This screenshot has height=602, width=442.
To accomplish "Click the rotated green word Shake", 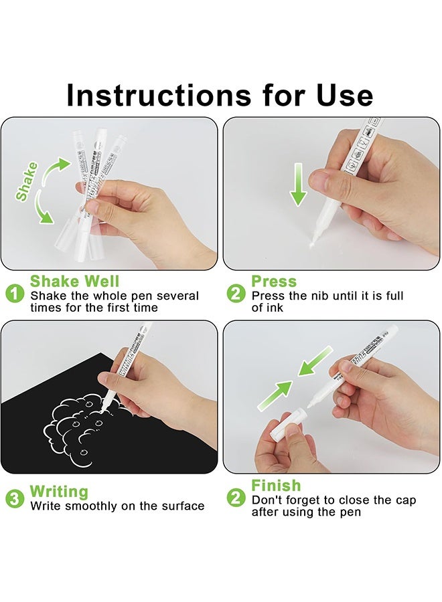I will (27, 181).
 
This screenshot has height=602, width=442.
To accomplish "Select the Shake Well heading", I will (74, 282).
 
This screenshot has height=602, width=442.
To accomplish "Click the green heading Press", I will (274, 282).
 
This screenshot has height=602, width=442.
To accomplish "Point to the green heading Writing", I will (59, 492).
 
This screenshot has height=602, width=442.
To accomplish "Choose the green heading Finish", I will (276, 486).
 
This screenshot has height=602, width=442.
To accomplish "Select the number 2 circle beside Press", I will (236, 293).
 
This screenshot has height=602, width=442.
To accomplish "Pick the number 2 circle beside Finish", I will (236, 498).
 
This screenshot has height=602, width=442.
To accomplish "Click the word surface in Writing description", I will (179, 506).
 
